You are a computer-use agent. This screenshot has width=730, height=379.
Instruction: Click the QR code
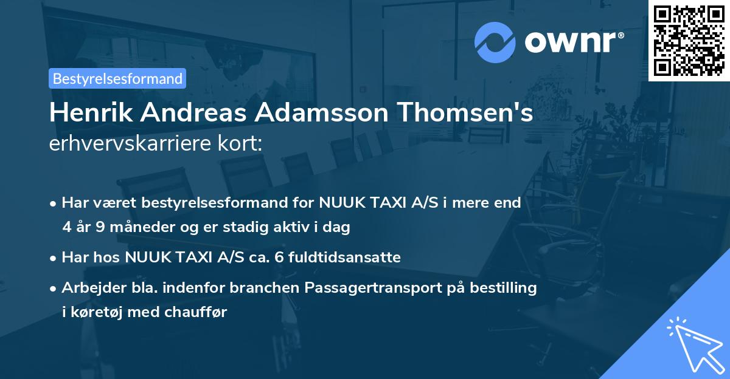689,41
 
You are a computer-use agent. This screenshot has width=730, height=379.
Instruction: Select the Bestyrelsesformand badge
117,78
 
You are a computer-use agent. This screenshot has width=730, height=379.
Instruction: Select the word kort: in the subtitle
244,145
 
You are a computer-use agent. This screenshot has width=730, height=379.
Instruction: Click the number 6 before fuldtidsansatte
279,258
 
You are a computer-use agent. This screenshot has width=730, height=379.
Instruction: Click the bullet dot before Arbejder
54,289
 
